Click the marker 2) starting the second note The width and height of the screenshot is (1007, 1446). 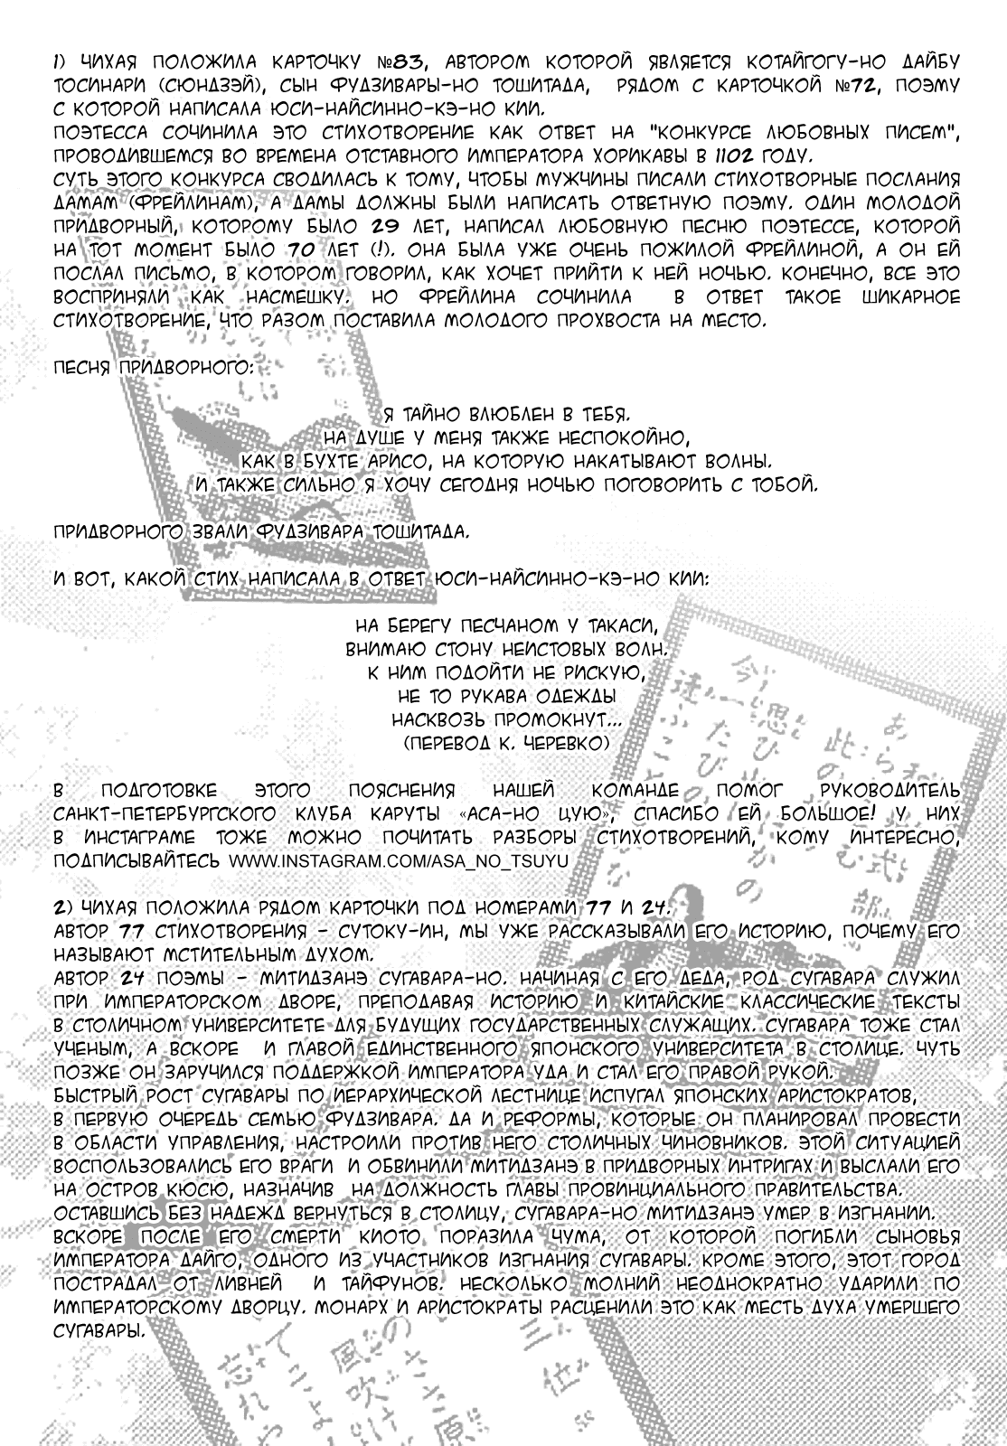point(61,908)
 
